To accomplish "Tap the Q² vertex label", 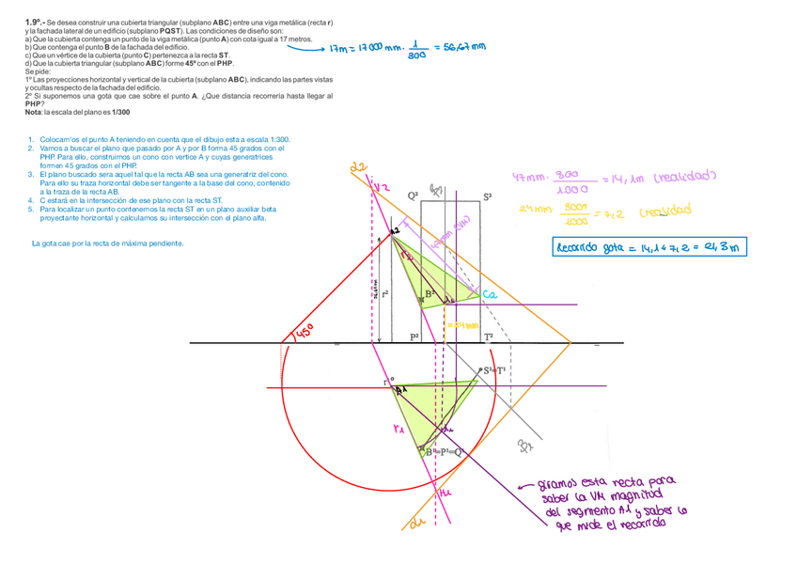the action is point(413,196).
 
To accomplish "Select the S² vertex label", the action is point(487,196).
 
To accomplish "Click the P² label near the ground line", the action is point(414,336).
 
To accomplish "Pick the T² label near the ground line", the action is point(488,336).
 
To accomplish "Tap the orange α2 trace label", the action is point(356,168).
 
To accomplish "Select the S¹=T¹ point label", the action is point(495,370).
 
